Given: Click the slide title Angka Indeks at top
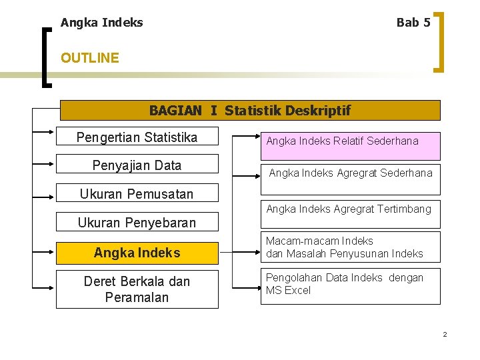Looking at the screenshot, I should click(101, 23).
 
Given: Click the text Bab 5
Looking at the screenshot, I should click(413, 23).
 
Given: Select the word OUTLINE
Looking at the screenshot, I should click(89, 58).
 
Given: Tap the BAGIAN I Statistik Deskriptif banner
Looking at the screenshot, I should click(250, 110).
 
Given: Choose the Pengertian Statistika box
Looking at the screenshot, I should click(137, 138).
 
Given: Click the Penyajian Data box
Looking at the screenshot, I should click(137, 165).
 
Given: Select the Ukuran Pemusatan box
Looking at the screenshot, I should click(137, 193).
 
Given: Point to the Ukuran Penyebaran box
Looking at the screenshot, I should click(137, 222).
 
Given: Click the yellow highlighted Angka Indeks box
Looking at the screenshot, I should click(137, 253).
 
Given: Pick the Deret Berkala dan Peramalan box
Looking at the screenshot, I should click(137, 289).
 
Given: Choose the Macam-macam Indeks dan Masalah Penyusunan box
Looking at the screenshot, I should click(350, 247).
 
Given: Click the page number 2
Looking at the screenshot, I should click(445, 334).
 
